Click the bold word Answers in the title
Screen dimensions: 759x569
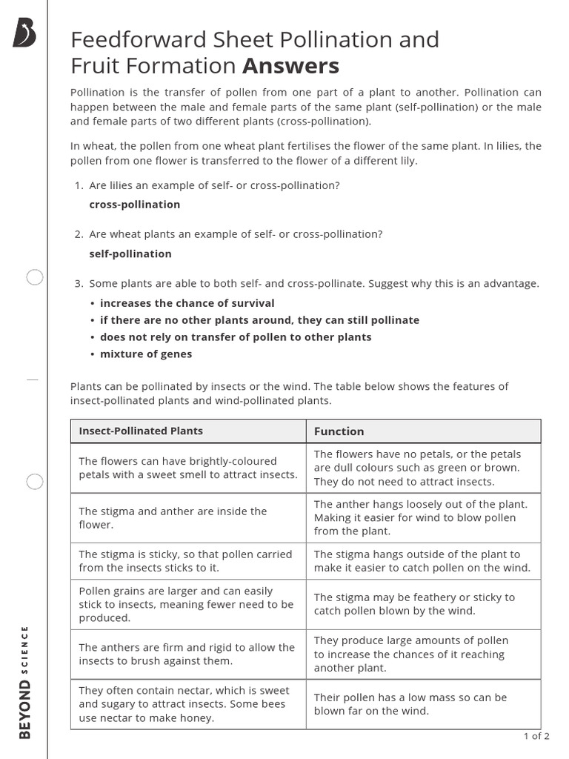point(291,66)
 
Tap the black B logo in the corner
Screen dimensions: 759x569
point(24,33)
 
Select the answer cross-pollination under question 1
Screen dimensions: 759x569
point(134,205)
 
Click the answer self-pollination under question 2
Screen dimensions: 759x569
point(130,253)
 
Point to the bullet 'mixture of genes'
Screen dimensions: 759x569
point(146,354)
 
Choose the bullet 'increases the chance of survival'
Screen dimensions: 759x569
point(187,302)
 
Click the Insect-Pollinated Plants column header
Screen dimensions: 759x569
point(141,431)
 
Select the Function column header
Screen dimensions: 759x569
point(339,431)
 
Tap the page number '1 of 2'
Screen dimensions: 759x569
point(536,736)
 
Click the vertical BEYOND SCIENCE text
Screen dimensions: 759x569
point(24,682)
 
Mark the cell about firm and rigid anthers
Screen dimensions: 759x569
point(187,654)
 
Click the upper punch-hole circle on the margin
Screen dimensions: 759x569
point(35,278)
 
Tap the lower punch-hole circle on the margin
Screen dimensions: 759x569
point(35,482)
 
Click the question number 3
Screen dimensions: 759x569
point(79,284)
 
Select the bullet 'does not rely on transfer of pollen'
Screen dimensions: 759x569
point(236,337)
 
